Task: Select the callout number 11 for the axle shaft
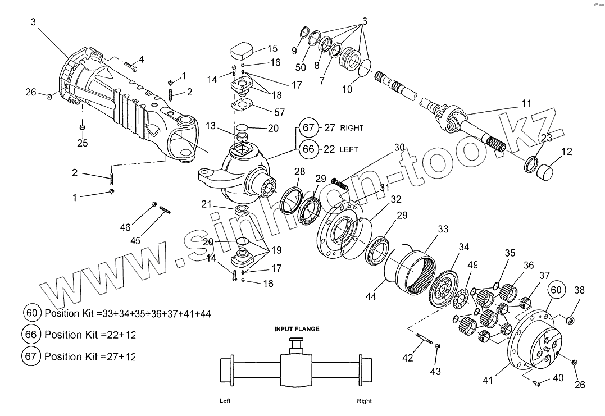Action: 525,103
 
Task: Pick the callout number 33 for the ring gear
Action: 443,229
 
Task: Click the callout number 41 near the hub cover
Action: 488,381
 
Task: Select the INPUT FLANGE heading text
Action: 297,329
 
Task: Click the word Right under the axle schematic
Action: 364,401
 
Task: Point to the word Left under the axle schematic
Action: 226,401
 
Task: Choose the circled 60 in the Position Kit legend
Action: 31,313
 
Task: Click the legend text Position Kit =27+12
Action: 90,356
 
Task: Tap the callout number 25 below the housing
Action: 83,143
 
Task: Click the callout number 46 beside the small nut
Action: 125,227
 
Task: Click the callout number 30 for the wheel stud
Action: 399,147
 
